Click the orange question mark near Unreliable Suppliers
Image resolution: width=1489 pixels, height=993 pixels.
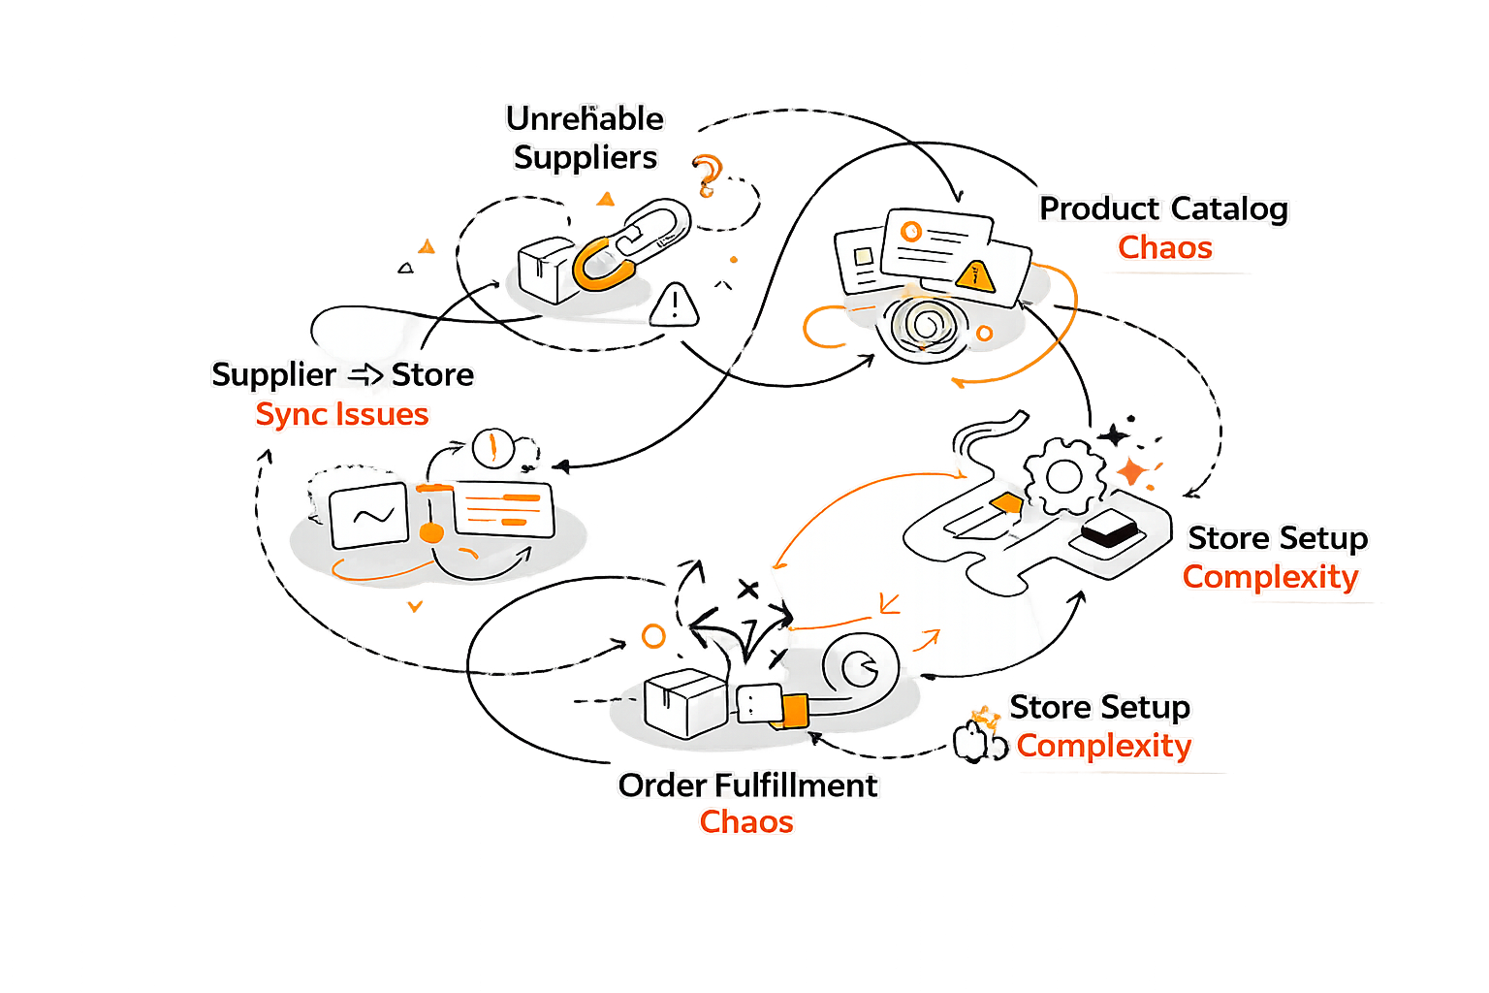coord(708,175)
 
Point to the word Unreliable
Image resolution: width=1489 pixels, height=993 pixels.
coord(585,118)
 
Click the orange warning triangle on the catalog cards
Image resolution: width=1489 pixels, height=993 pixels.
coord(975,275)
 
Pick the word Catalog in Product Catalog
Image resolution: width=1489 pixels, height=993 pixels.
coord(1228,208)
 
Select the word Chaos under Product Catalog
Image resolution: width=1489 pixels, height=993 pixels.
coord(1164,248)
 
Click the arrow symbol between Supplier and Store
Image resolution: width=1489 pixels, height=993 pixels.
coord(364,374)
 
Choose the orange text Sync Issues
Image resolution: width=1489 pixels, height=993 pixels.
coord(341,414)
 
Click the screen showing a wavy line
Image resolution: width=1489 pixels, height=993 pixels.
coord(368,515)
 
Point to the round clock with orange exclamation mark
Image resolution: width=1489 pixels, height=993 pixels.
coord(491,447)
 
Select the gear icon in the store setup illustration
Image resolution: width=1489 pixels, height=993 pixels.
coord(1063,476)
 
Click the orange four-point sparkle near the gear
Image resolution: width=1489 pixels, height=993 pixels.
coord(1130,471)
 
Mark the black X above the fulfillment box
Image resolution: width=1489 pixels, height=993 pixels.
coord(747,588)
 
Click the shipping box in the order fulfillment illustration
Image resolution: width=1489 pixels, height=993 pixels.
coord(684,702)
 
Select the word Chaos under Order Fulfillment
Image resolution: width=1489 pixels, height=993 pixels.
coord(746,822)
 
